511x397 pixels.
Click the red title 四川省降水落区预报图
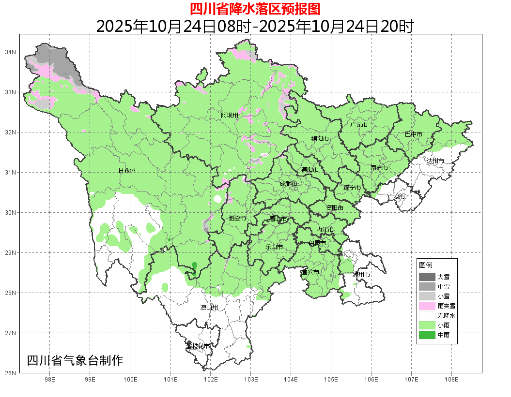point(255,9)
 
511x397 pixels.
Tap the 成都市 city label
point(289,184)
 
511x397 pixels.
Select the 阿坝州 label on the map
point(230,115)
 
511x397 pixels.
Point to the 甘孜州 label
point(127,171)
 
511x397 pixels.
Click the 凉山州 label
point(209,308)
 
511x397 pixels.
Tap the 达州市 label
point(435,161)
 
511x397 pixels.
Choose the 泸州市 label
point(361,274)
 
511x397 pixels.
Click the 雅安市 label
point(237,219)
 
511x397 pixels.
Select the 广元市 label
point(359,125)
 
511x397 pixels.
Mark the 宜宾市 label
point(310,272)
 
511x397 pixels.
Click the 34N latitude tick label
point(11,52)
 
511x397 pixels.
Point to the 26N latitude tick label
point(11,373)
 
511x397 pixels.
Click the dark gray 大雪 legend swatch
point(427,277)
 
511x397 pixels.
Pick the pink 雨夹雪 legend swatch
point(427,306)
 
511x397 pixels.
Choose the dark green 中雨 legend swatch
point(427,335)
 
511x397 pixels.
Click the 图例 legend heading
point(426,265)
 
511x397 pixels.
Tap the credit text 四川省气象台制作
point(75,360)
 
